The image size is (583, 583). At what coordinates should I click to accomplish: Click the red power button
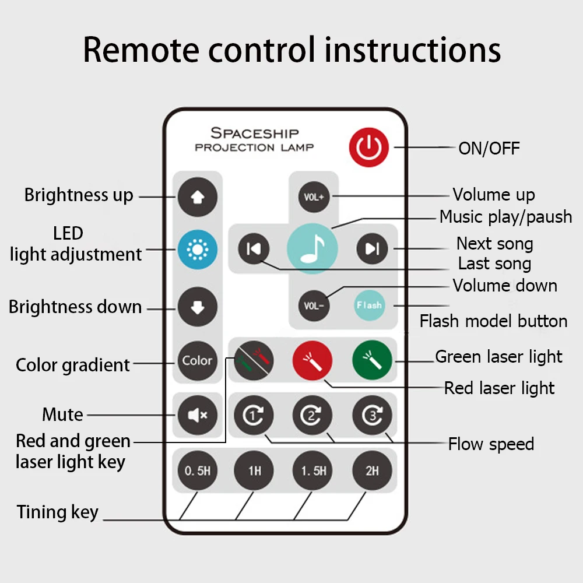tap(368, 147)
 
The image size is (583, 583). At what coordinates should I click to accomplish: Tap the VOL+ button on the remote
tap(314, 196)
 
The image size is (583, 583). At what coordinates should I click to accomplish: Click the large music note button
tap(312, 248)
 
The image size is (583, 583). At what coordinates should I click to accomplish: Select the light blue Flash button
tap(369, 305)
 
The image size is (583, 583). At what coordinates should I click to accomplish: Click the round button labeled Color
tap(197, 361)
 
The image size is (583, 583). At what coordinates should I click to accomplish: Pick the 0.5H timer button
tap(197, 470)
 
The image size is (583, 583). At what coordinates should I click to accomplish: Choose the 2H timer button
tap(372, 470)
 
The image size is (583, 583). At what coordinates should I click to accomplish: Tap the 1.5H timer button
tap(313, 470)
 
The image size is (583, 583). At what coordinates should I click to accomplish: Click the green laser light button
tap(372, 361)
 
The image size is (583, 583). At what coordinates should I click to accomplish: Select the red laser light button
tap(312, 361)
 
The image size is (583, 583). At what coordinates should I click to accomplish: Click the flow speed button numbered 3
tap(372, 416)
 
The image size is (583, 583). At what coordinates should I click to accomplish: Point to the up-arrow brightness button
tap(197, 196)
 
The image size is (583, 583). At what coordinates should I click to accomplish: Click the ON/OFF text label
tap(489, 148)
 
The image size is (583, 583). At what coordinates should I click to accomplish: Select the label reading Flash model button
tap(493, 321)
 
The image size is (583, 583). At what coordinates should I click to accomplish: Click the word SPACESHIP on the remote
tap(254, 134)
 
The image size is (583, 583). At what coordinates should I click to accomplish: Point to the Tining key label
tap(58, 512)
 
